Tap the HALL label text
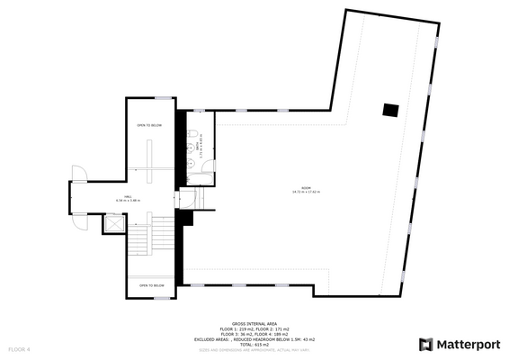[x=129, y=197]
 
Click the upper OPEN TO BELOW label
[x=149, y=125]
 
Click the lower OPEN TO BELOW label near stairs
[x=151, y=285]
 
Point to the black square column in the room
[x=389, y=110]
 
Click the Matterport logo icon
[x=426, y=344]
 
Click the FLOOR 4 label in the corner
[x=20, y=348]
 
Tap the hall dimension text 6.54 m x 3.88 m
[x=129, y=202]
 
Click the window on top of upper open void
[x=163, y=97]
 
